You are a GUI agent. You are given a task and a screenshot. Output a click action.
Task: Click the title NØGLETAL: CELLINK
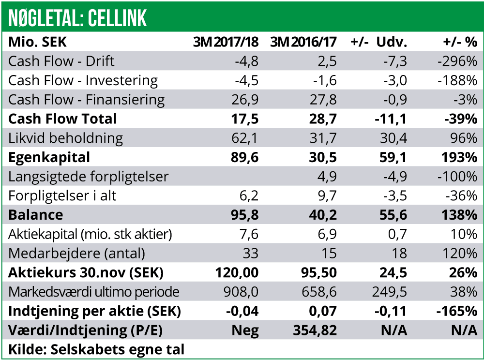tap(77, 18)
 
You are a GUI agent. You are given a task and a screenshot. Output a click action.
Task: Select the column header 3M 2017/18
tap(226, 42)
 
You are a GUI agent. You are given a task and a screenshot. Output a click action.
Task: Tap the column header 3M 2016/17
tap(303, 42)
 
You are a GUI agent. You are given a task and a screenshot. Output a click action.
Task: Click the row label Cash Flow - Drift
tap(61, 61)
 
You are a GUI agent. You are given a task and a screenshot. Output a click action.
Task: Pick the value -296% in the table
tap(457, 61)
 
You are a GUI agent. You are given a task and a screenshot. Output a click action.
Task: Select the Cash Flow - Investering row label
tap(83, 80)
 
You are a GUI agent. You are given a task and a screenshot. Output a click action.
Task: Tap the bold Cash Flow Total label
tap(62, 119)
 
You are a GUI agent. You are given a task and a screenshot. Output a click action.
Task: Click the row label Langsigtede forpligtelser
tap(89, 177)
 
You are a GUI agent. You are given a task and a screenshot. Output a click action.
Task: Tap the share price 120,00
tap(237, 272)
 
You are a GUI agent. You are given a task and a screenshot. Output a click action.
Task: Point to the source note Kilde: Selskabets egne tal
tap(96, 349)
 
